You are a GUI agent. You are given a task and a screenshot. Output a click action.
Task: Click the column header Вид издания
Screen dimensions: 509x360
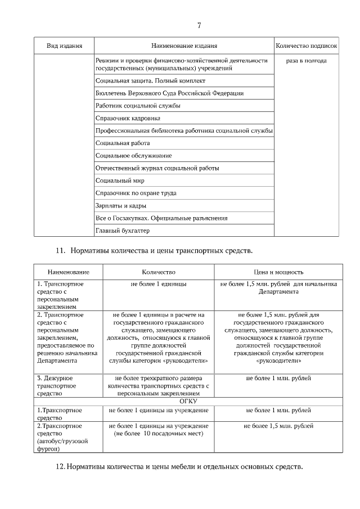(x=65, y=46)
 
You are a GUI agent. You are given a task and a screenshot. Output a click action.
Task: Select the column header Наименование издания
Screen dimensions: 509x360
(x=184, y=46)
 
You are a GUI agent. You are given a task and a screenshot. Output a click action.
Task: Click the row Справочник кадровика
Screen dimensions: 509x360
(x=128, y=118)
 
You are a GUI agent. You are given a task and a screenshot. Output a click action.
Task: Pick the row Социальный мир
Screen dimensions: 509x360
(x=120, y=181)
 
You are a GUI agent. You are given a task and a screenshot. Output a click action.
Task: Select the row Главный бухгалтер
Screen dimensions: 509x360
(x=123, y=231)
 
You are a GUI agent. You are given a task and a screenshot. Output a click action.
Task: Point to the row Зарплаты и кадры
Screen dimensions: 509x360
(x=121, y=205)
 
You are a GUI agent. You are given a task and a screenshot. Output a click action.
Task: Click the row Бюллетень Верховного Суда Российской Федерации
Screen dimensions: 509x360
(x=169, y=93)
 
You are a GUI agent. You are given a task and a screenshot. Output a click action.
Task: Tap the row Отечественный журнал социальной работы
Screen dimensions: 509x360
(x=157, y=168)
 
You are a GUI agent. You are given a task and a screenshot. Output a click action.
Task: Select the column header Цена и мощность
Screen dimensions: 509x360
(x=278, y=271)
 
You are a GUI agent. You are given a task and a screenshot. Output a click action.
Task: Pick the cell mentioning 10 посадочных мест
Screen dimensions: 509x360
(x=159, y=430)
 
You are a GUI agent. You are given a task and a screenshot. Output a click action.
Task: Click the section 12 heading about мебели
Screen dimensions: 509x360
(x=181, y=467)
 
